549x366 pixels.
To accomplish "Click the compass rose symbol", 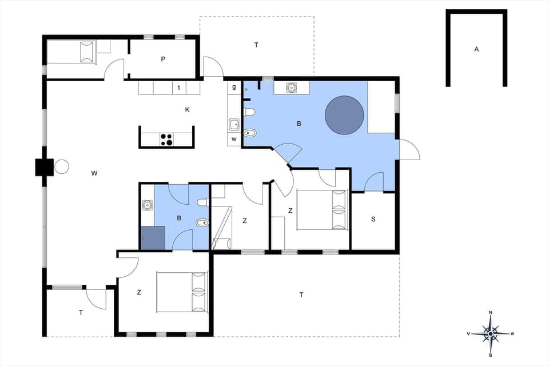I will point(491,332).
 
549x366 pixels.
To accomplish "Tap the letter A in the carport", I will point(476,50).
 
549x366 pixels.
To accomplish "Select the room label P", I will point(163,59).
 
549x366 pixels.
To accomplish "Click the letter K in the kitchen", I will point(187,109).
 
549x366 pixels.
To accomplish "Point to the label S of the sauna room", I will point(373,220).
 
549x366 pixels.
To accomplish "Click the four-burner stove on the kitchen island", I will point(166,139).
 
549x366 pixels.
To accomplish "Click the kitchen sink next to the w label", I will point(234,124).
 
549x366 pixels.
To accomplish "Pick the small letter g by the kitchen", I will point(234,87).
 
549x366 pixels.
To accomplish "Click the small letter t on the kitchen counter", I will point(179,87).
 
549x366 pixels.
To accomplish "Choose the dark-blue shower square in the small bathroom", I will point(153,238).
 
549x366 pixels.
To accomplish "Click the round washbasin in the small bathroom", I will point(147,205).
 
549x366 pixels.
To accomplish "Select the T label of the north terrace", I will point(256,45).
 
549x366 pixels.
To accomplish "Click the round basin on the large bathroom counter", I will point(292,87).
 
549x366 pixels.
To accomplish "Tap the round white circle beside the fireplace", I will point(62,167).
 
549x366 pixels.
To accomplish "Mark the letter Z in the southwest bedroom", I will point(139,292).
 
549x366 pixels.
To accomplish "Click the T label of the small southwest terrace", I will point(81,312).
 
